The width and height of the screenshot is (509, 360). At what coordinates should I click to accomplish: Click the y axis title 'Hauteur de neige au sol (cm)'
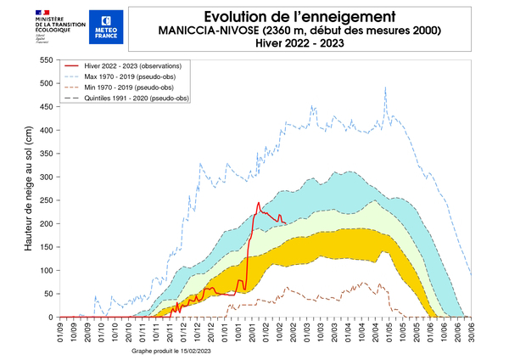pos(27,188)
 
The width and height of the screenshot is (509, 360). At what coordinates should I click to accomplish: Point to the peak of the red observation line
pos(259,203)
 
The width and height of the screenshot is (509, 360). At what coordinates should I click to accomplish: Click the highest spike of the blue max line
pos(386,87)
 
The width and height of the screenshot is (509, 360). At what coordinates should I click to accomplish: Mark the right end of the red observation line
pos(286,224)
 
